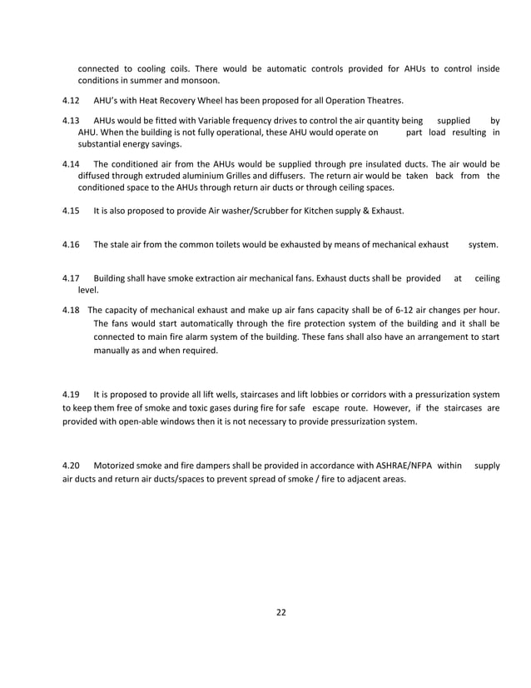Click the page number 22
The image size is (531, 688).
[x=280, y=613]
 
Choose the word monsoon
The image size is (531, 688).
[x=202, y=81]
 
